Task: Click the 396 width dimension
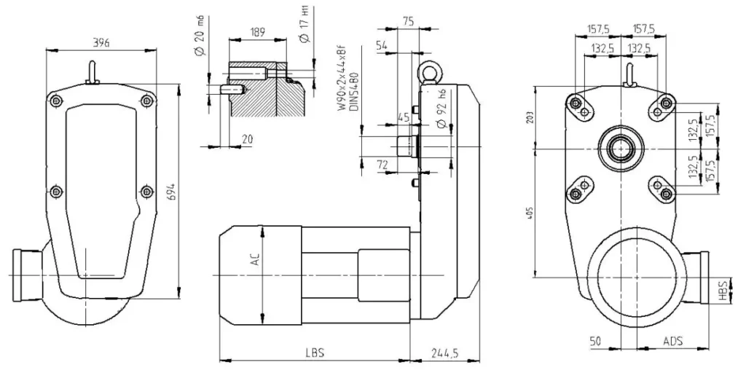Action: pyautogui.click(x=101, y=43)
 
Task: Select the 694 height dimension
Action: pyautogui.click(x=170, y=191)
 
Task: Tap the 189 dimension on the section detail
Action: pyautogui.click(x=256, y=32)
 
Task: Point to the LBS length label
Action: pyautogui.click(x=315, y=352)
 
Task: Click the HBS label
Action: pyautogui.click(x=722, y=291)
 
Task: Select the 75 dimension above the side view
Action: pyautogui.click(x=408, y=22)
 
